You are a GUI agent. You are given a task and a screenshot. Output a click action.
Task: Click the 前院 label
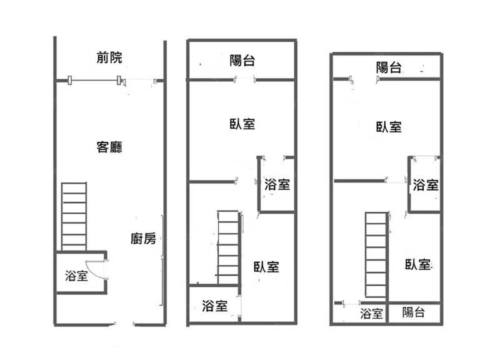point(109,58)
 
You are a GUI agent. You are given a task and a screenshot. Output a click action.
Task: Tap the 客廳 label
point(109,147)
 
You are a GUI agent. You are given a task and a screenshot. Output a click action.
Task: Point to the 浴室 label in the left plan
point(76,276)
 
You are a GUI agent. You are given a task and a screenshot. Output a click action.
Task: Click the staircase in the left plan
point(74,216)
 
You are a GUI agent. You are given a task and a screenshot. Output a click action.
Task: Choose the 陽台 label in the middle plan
point(242,61)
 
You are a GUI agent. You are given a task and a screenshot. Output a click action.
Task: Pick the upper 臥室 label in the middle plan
point(242,124)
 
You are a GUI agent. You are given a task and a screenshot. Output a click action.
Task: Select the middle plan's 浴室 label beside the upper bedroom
point(277,184)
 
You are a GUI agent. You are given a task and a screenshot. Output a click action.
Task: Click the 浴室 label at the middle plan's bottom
point(214,306)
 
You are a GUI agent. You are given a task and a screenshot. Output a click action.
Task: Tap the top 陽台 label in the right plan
point(389,68)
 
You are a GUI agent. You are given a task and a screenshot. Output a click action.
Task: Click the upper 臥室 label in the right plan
point(389,127)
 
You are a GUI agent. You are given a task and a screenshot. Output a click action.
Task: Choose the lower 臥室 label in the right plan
point(417,264)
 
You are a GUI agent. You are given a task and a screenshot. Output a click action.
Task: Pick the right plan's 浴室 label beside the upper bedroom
point(425,185)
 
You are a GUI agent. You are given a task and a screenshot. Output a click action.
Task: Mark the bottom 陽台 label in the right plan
point(413,312)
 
